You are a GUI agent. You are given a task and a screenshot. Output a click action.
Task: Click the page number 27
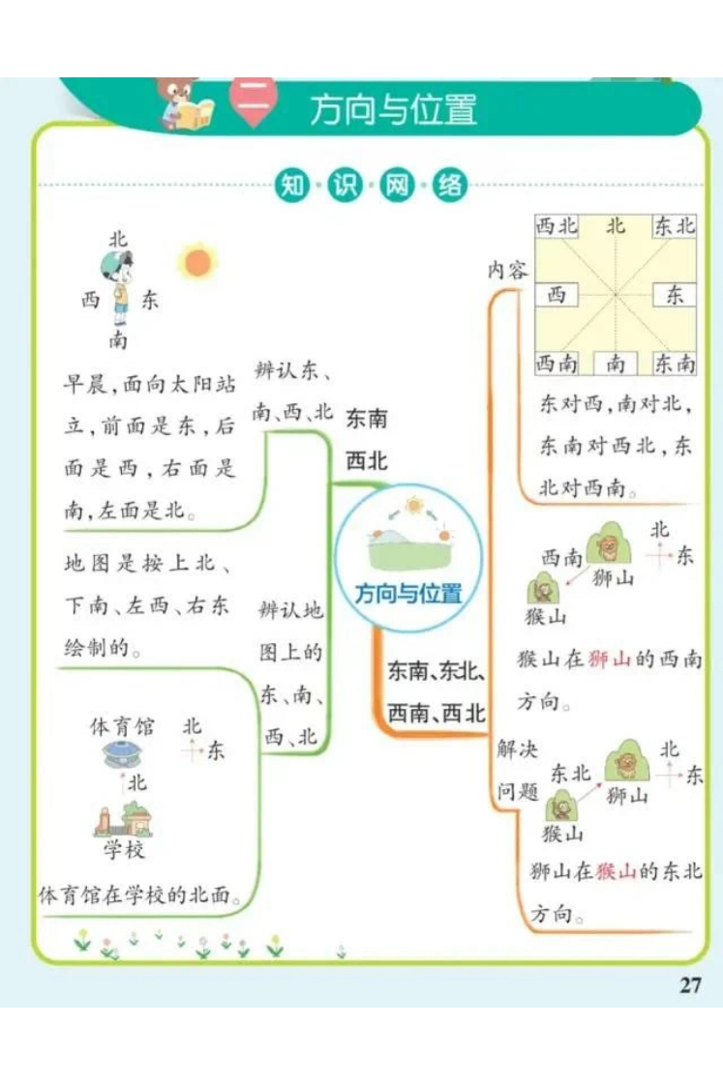[690, 984]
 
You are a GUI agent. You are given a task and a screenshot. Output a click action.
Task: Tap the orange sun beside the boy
[197, 262]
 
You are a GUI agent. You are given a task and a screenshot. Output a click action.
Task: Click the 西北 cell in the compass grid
[557, 226]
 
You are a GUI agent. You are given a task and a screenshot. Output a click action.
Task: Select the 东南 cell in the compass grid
[675, 363]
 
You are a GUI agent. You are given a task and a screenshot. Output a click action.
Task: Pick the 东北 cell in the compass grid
[675, 226]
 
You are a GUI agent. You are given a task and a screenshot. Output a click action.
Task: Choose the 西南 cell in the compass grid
[557, 363]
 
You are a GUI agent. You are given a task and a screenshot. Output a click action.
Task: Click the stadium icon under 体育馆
[123, 754]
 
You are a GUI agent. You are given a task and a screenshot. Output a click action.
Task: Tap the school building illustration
[123, 819]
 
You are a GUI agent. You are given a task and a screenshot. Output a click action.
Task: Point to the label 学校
[124, 849]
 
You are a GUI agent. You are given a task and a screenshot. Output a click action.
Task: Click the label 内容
[507, 270]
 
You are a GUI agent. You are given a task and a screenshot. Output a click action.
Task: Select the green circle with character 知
[292, 185]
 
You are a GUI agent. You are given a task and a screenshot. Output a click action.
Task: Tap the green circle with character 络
[449, 185]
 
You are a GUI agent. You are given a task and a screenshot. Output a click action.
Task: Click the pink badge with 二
[255, 103]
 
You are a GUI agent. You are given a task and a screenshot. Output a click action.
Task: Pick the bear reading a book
[183, 103]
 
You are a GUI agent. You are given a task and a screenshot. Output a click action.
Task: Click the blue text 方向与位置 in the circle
[408, 594]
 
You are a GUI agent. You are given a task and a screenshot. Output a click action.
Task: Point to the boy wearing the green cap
[119, 287]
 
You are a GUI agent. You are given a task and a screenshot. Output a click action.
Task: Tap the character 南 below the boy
[118, 339]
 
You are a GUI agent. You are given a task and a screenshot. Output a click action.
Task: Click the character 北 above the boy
[118, 240]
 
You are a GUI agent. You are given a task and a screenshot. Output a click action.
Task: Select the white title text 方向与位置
[393, 109]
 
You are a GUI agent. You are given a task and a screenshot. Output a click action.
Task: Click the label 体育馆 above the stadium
[122, 726]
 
